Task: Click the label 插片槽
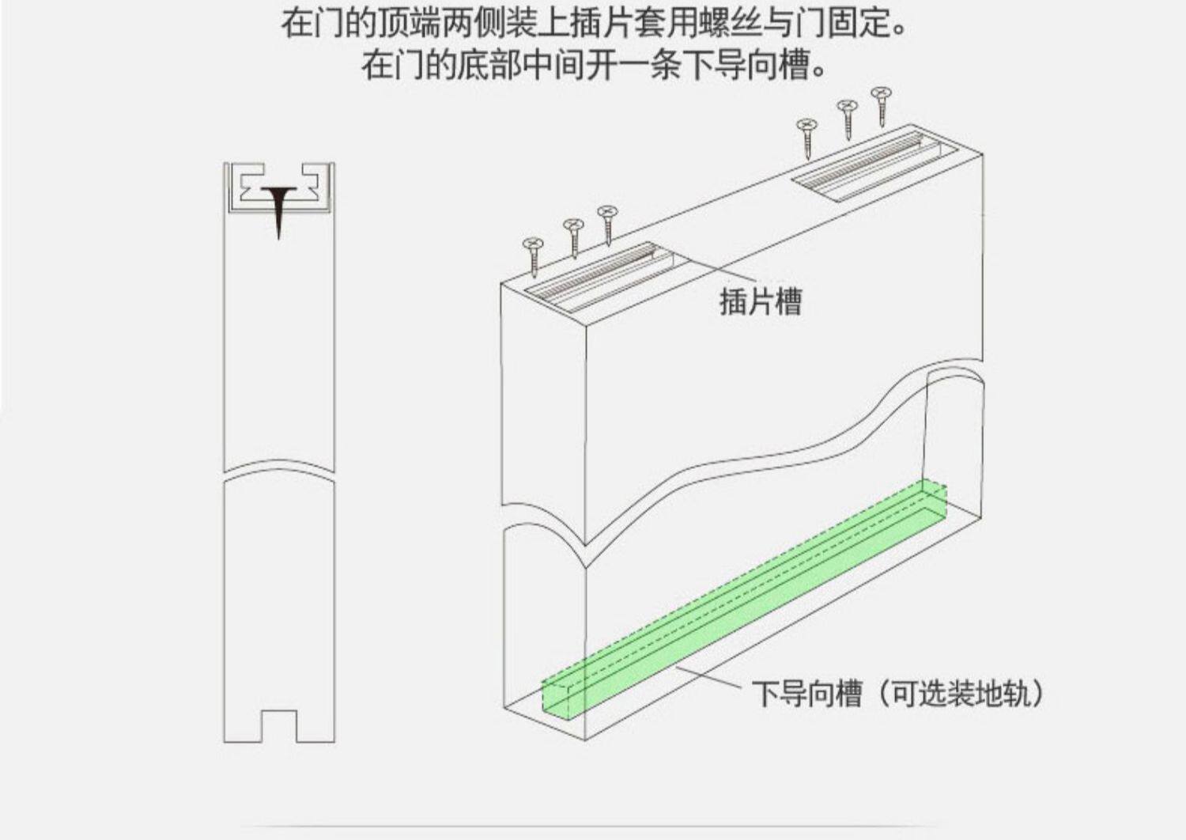click(760, 302)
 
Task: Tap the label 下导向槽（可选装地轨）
click(898, 694)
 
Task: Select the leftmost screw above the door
click(532, 255)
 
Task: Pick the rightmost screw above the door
click(882, 106)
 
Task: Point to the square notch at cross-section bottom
click(278, 725)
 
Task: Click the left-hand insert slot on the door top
click(601, 278)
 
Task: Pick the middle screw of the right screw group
click(847, 119)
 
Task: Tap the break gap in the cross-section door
click(278, 470)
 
